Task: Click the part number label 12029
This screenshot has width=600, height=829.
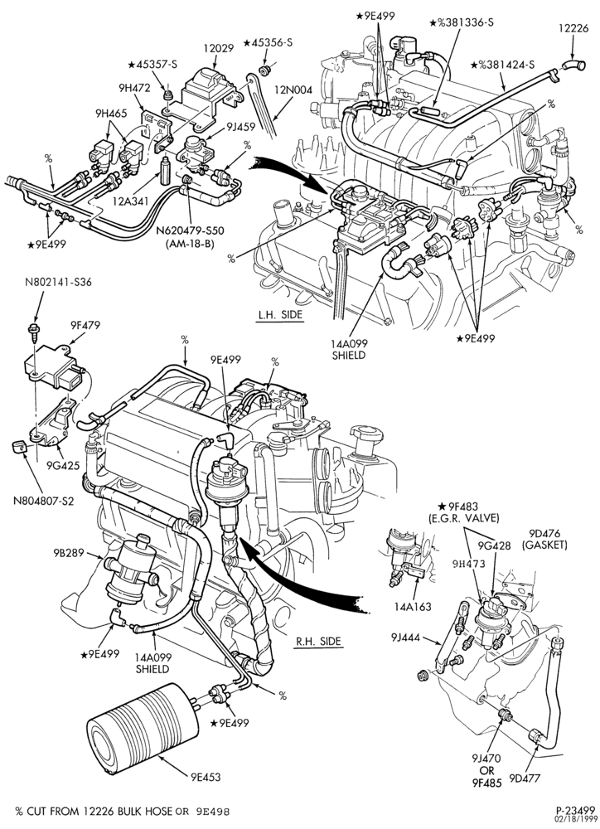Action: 218,48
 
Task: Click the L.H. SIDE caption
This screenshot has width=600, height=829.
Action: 280,315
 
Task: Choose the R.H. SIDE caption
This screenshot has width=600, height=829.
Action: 318,642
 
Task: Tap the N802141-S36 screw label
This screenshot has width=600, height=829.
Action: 58,283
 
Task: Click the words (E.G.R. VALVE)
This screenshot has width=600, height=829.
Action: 463,518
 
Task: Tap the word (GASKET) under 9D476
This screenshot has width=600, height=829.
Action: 544,545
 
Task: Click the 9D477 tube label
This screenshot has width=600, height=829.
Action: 525,778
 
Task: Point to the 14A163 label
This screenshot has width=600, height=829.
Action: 414,606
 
